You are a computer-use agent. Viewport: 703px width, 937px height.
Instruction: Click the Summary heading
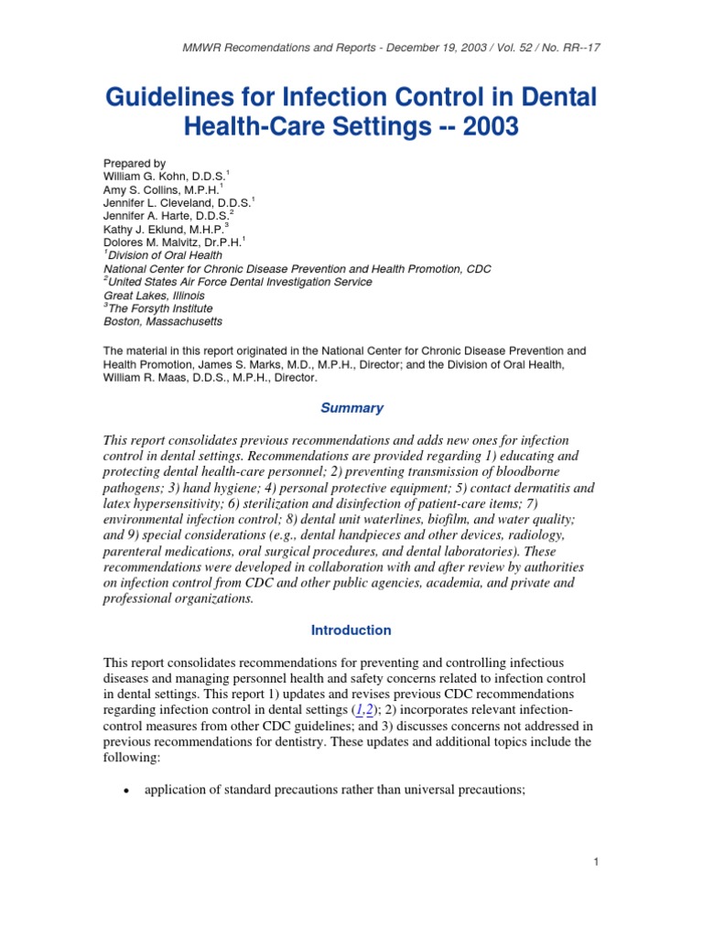click(x=351, y=408)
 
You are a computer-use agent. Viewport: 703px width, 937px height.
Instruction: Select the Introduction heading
click(x=351, y=630)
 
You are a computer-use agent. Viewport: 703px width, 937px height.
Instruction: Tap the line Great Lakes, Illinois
click(x=154, y=296)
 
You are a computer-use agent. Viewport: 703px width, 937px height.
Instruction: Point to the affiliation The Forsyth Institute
click(x=165, y=309)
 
